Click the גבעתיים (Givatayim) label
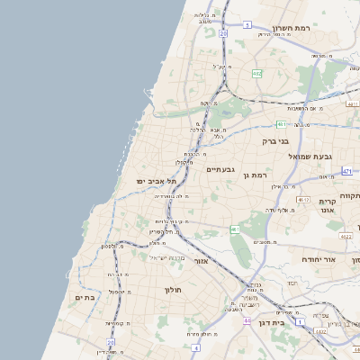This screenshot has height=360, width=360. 220,169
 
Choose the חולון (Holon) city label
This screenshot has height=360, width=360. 173,290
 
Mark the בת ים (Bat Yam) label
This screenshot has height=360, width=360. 85,298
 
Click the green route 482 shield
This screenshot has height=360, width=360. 256,75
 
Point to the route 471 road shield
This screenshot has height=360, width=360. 347,170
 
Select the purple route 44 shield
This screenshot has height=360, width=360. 246,319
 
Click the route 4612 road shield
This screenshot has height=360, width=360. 303,199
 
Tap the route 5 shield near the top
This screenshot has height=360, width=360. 247,25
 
